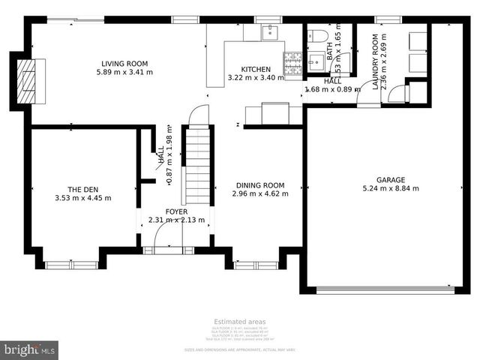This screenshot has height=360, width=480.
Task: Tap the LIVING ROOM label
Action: tap(124, 64)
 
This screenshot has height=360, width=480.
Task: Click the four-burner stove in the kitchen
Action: tap(292, 64)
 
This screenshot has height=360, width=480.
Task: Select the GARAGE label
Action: tap(391, 180)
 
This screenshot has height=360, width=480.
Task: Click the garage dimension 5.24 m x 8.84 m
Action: tap(391, 189)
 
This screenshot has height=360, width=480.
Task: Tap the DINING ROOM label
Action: tap(260, 185)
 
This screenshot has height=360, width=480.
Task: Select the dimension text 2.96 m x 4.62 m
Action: tap(260, 194)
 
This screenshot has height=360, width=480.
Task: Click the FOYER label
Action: tap(176, 211)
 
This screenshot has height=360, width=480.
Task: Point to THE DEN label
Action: tap(82, 189)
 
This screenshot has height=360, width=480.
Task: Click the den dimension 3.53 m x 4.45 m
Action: tap(82, 198)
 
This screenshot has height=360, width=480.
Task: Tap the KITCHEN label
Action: tap(256, 69)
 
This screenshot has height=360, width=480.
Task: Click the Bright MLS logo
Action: tap(30, 349)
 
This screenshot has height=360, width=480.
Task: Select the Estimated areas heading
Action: tap(240, 322)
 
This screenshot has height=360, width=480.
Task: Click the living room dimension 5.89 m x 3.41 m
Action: tap(124, 73)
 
